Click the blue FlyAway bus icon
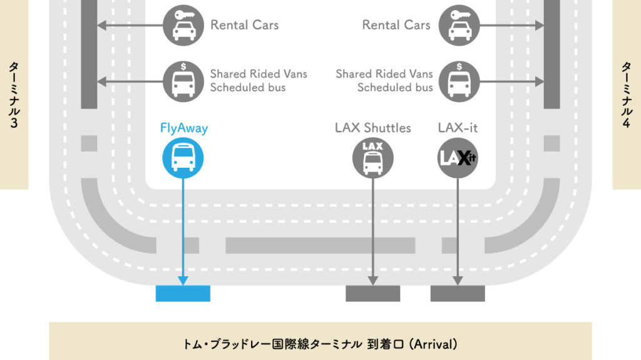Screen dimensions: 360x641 tap(183, 157)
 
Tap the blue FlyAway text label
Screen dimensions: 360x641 tap(183, 129)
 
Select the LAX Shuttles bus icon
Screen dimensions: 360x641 tap(373, 157)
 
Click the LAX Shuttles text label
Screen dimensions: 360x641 tap(373, 128)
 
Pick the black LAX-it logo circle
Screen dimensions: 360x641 tap(457, 157)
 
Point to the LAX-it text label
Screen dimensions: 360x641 tap(458, 128)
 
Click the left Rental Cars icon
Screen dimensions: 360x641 tap(183, 26)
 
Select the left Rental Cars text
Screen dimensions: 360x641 tap(244, 26)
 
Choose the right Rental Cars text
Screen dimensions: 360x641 tap(396, 26)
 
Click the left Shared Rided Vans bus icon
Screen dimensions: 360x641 tap(183, 81)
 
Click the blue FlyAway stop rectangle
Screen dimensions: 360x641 tap(183, 294)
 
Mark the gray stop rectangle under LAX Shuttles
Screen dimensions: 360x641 tap(373, 294)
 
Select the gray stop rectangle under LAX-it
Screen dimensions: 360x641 tap(458, 294)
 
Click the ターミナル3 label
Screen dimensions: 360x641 tap(13, 95)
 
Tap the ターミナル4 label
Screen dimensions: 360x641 tap(627, 95)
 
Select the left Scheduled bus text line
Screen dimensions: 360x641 tap(248, 88)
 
